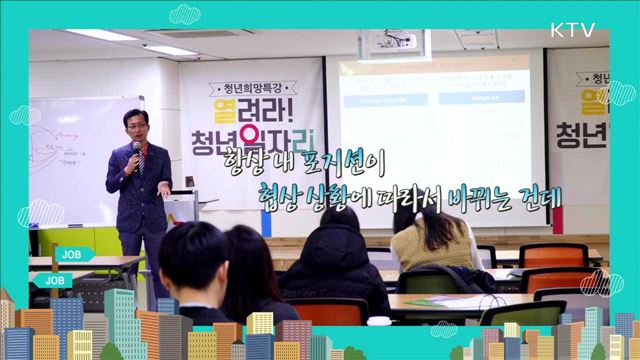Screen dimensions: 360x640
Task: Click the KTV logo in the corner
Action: (572, 29)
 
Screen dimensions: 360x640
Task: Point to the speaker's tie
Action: (140, 166)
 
